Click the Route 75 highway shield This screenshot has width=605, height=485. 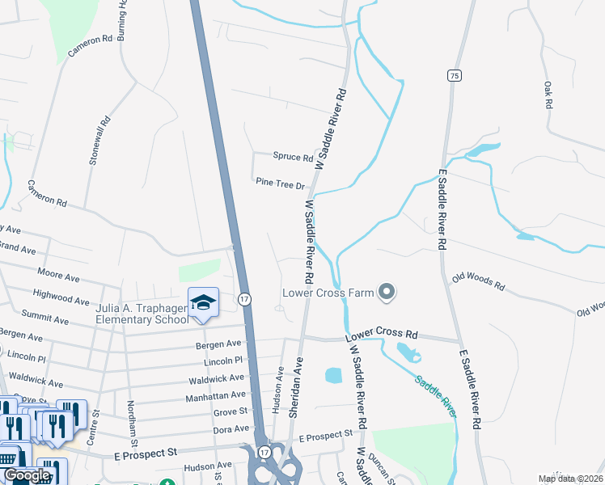(x=455, y=75)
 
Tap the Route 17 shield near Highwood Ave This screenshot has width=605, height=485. (x=244, y=299)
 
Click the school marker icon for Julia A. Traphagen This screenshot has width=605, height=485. (x=202, y=303)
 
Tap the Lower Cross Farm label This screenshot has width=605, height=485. (x=328, y=293)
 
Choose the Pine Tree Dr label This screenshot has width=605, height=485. (x=280, y=184)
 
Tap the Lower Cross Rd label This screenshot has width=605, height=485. (x=381, y=334)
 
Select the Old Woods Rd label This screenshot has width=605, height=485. (x=477, y=280)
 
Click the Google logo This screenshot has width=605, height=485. (x=27, y=475)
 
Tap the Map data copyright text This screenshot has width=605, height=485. (x=570, y=479)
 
